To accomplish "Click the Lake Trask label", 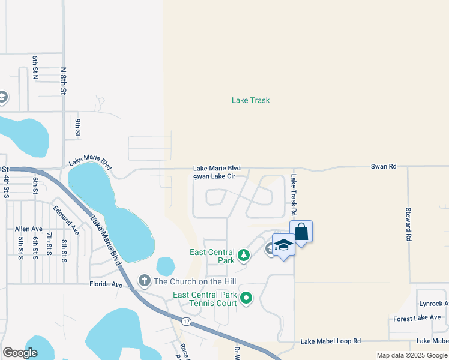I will (250, 100).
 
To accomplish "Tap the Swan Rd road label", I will (384, 166).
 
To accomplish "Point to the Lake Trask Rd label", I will (294, 195).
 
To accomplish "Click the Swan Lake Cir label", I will (218, 176).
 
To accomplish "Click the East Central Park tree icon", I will (244, 256).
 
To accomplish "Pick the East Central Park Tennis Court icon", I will (246, 298).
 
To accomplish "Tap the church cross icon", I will (144, 280).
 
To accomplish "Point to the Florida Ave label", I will (106, 284).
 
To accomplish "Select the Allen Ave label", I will (29, 229).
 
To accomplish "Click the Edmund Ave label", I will (66, 220).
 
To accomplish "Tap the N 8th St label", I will (63, 80).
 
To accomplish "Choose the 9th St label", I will (78, 128).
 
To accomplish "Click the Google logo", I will (20, 353).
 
